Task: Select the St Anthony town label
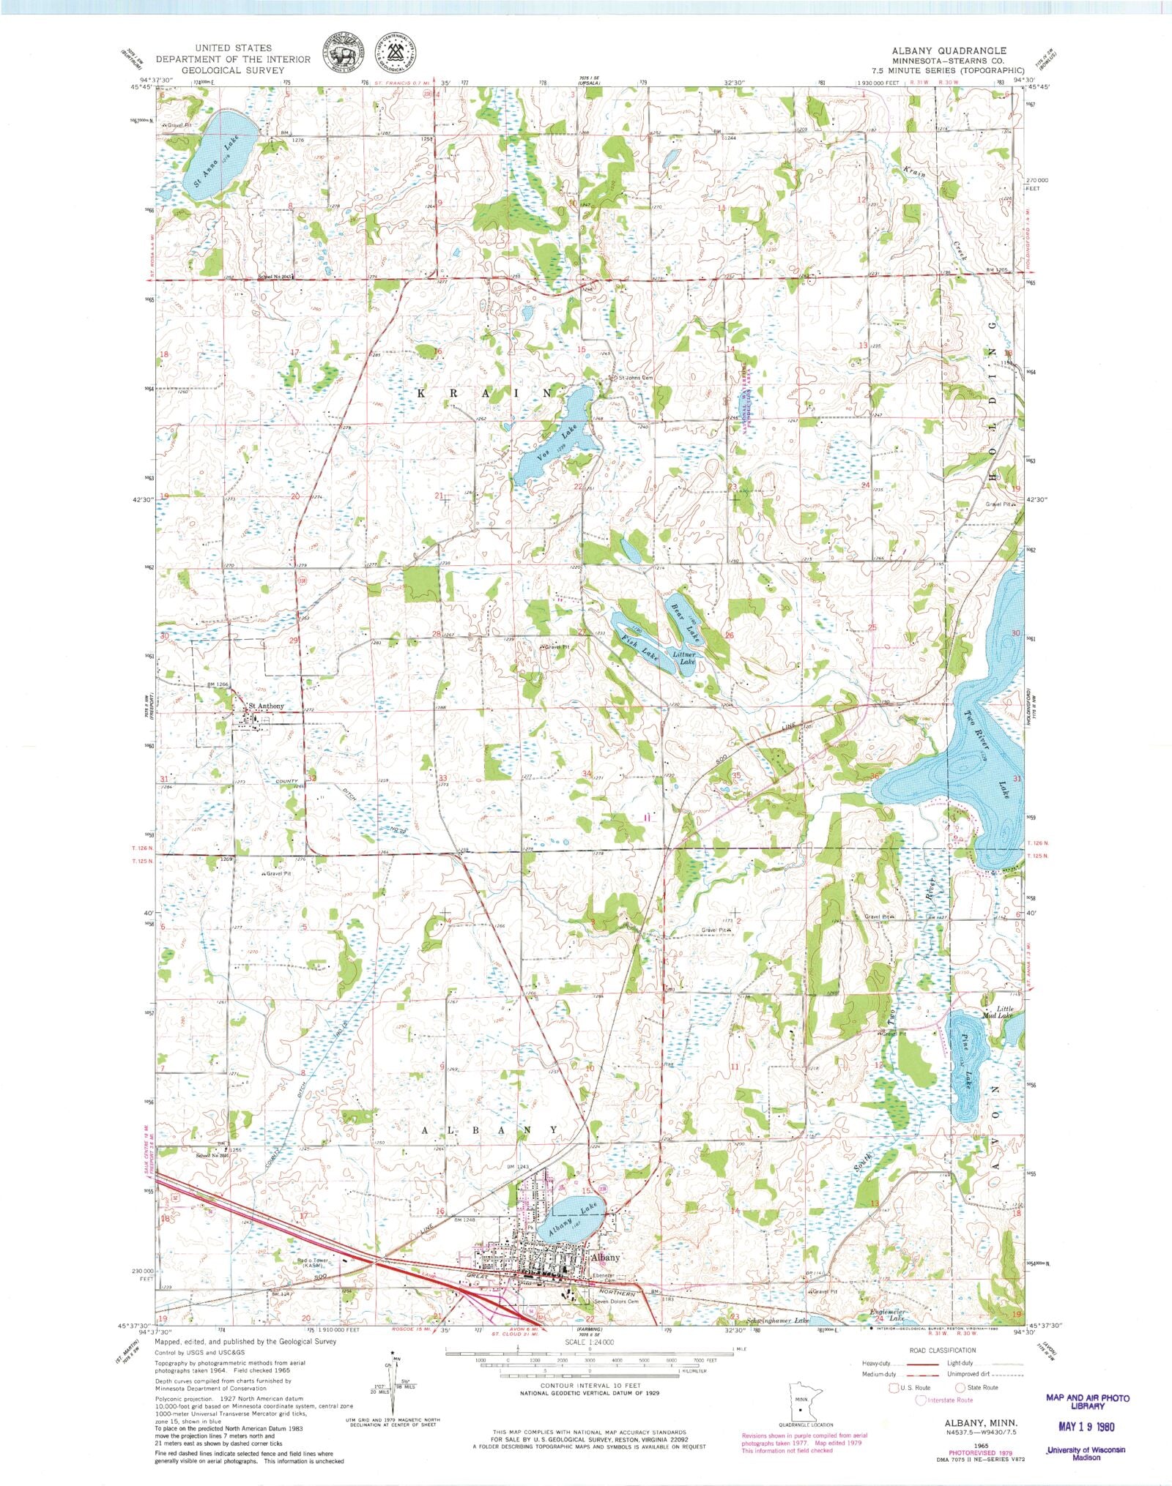pyautogui.click(x=265, y=706)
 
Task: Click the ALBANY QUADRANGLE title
pyautogui.click(x=949, y=51)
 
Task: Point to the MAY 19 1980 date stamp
pyautogui.click(x=1086, y=1426)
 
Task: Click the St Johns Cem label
pyautogui.click(x=634, y=378)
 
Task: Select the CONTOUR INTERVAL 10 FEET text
pyautogui.click(x=590, y=1386)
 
